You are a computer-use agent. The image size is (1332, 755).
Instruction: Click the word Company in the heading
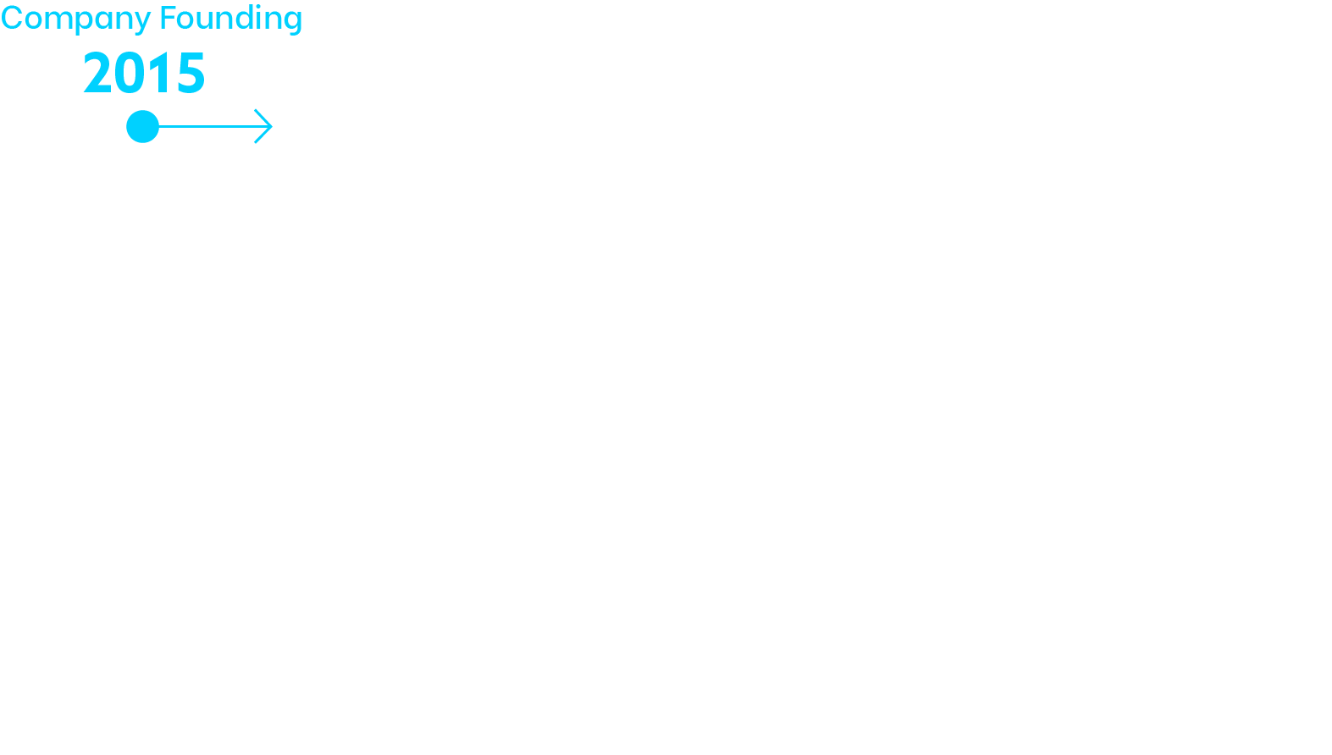click(75, 19)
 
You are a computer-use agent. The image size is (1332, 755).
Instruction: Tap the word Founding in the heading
click(231, 19)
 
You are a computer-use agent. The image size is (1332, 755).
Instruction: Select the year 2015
click(145, 73)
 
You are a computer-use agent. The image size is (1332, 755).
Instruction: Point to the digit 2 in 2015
click(97, 73)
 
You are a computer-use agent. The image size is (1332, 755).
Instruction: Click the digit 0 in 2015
click(129, 73)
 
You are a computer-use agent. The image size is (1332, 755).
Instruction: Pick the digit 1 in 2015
click(158, 73)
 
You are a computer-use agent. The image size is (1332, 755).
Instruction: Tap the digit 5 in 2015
click(191, 73)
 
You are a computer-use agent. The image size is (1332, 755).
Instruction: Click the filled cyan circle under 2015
click(143, 127)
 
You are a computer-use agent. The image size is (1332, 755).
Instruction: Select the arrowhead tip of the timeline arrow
click(273, 126)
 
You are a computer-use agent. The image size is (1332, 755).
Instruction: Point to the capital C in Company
click(12, 17)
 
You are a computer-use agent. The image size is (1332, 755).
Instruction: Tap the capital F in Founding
click(169, 17)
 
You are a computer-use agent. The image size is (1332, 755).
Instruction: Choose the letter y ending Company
click(141, 23)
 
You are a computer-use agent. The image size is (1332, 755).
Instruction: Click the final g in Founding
click(292, 23)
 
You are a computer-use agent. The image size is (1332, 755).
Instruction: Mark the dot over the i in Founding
click(258, 5)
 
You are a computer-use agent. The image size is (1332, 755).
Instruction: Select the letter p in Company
click(85, 23)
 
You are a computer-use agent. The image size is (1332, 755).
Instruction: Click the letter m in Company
click(58, 20)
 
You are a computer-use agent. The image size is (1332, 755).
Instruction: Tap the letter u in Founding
click(196, 21)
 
